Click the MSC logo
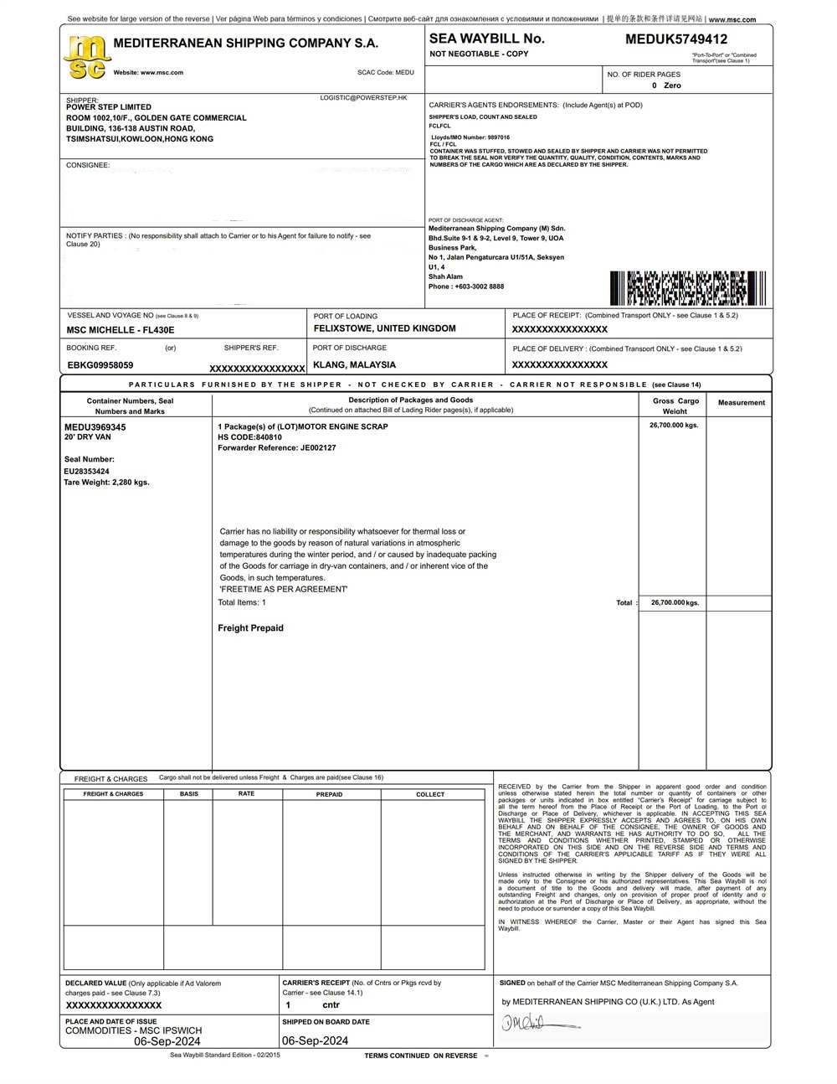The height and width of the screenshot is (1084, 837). [x=86, y=57]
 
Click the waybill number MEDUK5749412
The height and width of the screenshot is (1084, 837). [x=675, y=39]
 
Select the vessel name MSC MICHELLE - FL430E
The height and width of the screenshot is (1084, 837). [x=121, y=330]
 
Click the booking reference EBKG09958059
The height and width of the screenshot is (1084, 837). [x=100, y=365]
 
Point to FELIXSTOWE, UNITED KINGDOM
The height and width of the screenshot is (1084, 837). [x=384, y=328]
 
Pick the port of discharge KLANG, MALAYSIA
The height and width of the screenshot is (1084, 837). [x=354, y=365]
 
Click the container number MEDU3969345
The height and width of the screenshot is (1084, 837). [x=95, y=427]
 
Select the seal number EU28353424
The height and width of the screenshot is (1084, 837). [x=86, y=472]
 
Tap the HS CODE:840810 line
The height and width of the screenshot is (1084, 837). [x=249, y=437]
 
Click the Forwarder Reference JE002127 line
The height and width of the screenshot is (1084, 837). [x=276, y=448]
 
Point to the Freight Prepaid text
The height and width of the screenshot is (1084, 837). [x=250, y=628]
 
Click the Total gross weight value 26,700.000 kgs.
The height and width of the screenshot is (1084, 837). [x=673, y=603]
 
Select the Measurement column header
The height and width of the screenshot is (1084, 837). [x=741, y=403]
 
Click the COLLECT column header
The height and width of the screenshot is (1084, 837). [x=430, y=794]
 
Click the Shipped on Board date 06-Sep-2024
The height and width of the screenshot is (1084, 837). [x=315, y=1041]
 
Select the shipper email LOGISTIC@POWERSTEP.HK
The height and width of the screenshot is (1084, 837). [x=363, y=98]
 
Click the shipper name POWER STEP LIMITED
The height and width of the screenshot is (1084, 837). [x=109, y=107]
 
